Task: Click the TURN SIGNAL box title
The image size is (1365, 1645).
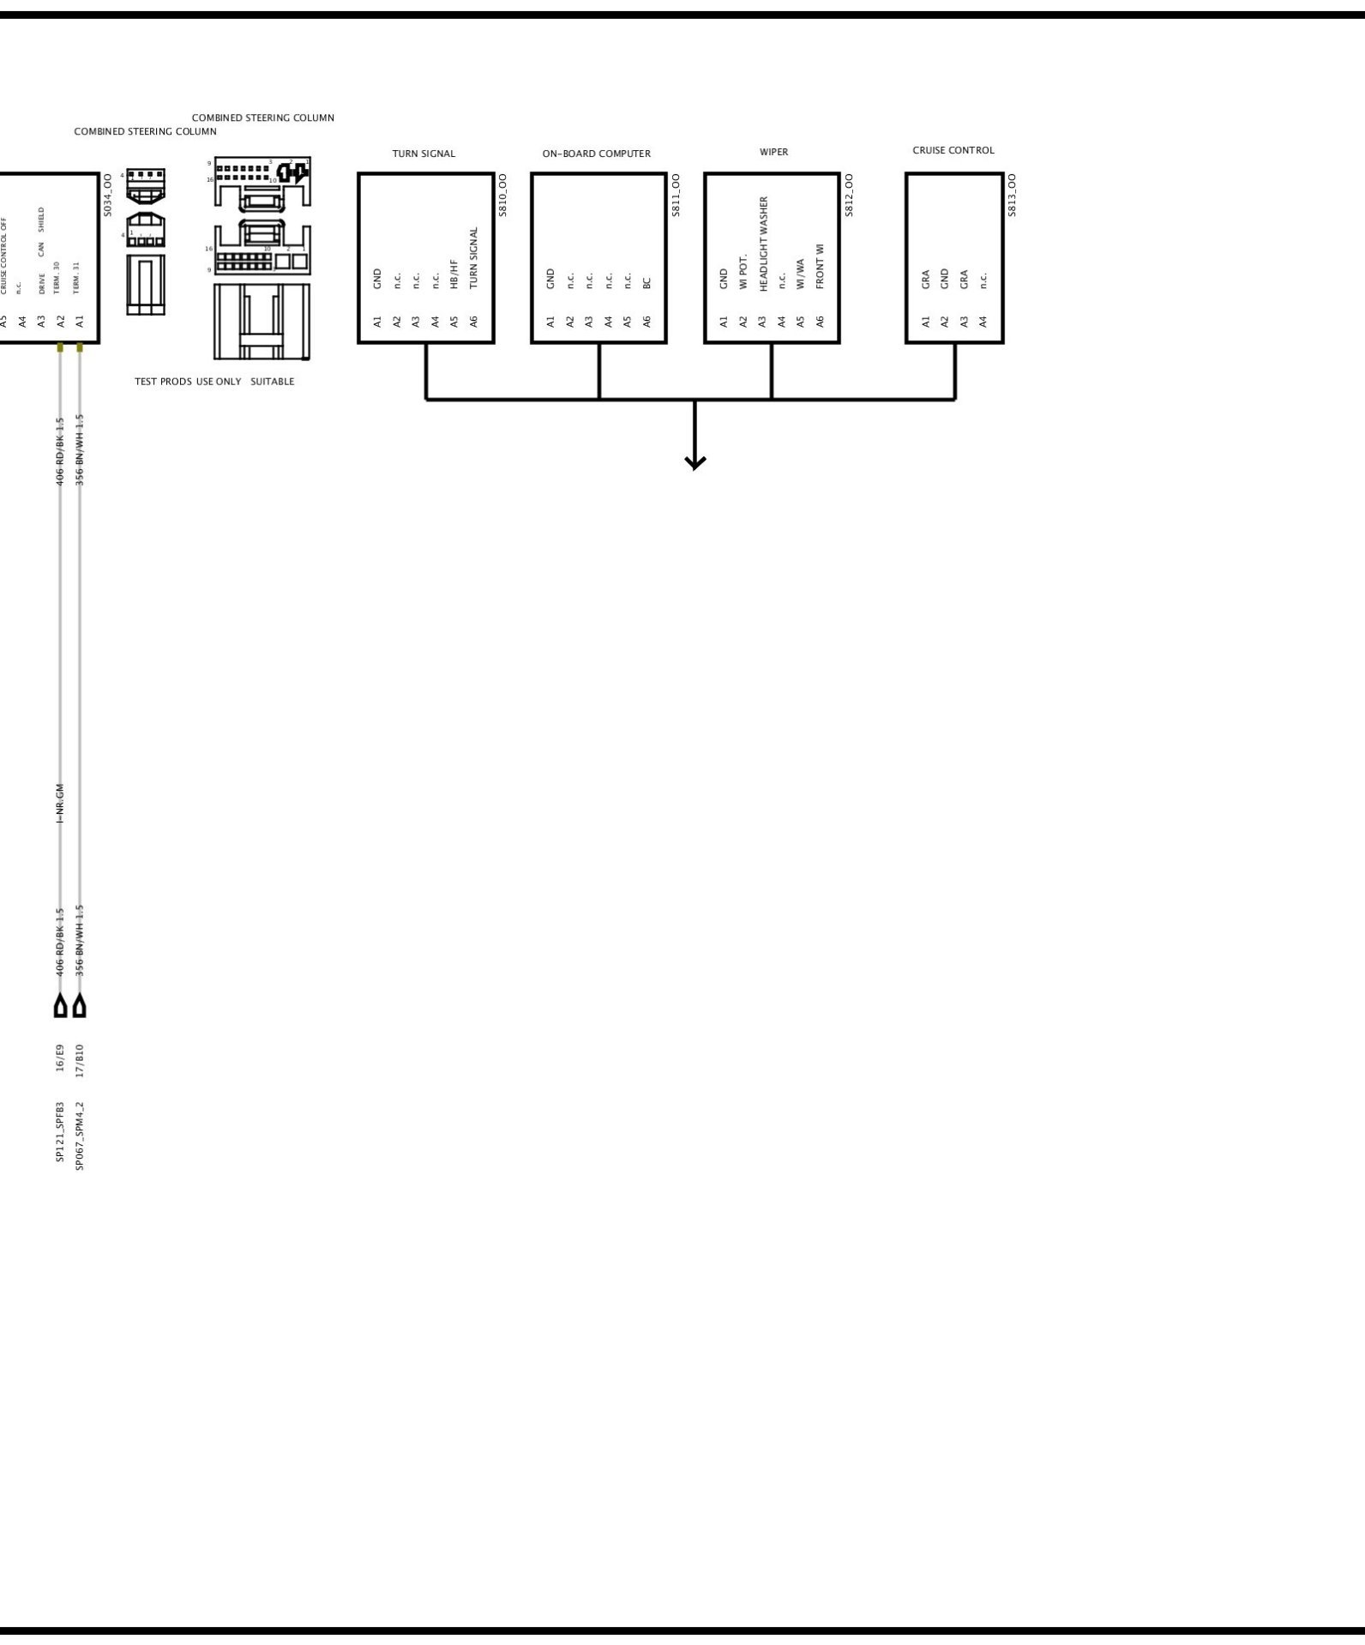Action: pos(424,154)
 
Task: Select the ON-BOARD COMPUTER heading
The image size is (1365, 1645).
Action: pos(596,154)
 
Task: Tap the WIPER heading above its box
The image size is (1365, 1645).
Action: pos(773,153)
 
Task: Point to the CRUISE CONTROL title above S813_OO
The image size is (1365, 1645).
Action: pos(953,151)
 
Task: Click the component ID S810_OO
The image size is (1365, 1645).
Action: pos(502,195)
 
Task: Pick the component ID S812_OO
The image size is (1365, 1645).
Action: pos(849,195)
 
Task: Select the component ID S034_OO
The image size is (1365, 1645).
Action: pos(107,195)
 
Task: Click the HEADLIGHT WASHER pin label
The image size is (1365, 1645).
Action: pos(764,244)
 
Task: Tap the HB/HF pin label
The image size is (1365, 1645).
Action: pos(454,273)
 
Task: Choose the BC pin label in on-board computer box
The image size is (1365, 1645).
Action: pos(647,282)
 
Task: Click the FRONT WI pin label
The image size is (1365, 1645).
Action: pos(820,266)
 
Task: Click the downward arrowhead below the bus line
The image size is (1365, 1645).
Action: pos(695,462)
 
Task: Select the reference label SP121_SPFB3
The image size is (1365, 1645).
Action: pos(60,1131)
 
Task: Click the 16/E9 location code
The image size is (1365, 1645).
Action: pos(60,1058)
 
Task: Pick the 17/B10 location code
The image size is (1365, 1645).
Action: pos(80,1060)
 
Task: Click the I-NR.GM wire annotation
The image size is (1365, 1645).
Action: pos(60,803)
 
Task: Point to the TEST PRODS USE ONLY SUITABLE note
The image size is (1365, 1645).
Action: pos(214,382)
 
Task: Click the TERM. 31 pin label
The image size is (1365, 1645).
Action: pos(76,278)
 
